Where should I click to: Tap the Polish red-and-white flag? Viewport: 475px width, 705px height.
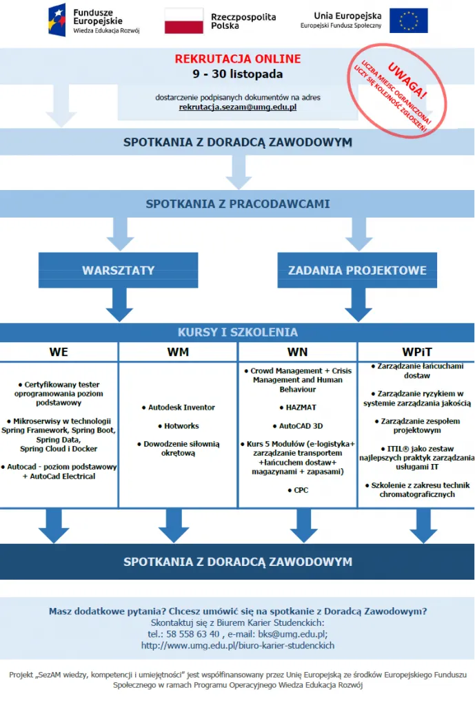point(183,21)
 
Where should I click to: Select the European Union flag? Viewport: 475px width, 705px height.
point(408,21)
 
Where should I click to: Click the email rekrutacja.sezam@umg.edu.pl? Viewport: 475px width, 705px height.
point(238,107)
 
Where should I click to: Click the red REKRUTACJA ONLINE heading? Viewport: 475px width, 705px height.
point(237,59)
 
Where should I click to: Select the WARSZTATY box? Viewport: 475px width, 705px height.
point(119,271)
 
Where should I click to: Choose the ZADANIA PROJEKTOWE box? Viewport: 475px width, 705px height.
point(357,271)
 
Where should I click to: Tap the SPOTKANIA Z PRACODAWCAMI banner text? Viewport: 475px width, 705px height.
point(237,204)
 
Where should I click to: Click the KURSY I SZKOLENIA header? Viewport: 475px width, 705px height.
point(237,333)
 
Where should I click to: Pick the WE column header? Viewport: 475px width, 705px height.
point(59,352)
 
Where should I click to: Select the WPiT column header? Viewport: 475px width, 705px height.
point(416,352)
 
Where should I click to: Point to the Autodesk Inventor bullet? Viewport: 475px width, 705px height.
point(179,408)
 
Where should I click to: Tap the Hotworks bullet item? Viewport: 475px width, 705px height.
point(179,426)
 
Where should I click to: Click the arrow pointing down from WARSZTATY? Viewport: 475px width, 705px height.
point(119,304)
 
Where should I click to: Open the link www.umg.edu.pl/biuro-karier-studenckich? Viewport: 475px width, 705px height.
point(237,645)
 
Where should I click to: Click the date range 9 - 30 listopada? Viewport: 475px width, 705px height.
point(237,74)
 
